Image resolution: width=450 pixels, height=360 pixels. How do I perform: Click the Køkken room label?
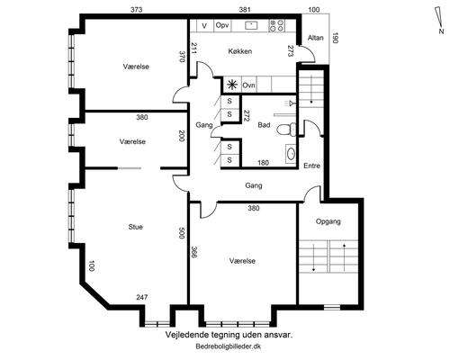[x=240, y=51]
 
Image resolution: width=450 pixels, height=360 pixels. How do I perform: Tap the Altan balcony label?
[x=316, y=38]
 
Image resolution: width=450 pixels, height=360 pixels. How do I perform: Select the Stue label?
[x=135, y=227]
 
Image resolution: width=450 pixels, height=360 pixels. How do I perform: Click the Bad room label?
[x=264, y=125]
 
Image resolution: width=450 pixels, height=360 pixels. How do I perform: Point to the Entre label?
[x=311, y=166]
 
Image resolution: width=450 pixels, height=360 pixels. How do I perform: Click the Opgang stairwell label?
[x=328, y=221]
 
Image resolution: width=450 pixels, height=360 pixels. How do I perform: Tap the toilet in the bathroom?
[x=286, y=130]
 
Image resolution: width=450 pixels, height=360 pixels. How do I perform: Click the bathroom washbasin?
[x=291, y=154]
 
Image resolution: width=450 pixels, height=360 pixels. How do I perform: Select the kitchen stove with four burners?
[x=276, y=25]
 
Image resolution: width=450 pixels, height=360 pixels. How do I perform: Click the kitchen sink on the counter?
[x=251, y=25]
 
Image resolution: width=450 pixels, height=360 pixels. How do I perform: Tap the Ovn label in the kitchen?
[x=248, y=85]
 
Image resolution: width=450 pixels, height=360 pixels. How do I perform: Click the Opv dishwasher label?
[x=222, y=26]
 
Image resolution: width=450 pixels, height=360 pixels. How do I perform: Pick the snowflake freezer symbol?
[x=231, y=85]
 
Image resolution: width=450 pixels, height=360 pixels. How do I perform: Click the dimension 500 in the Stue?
[x=181, y=233]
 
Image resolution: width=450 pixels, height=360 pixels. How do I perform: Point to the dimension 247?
[x=142, y=297]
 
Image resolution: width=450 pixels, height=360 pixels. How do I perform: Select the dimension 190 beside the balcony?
[x=335, y=38]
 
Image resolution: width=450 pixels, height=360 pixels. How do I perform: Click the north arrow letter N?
[x=441, y=31]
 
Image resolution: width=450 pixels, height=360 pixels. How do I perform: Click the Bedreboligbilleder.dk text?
[x=229, y=346]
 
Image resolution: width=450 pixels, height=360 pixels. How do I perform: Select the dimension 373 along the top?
[x=137, y=10]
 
